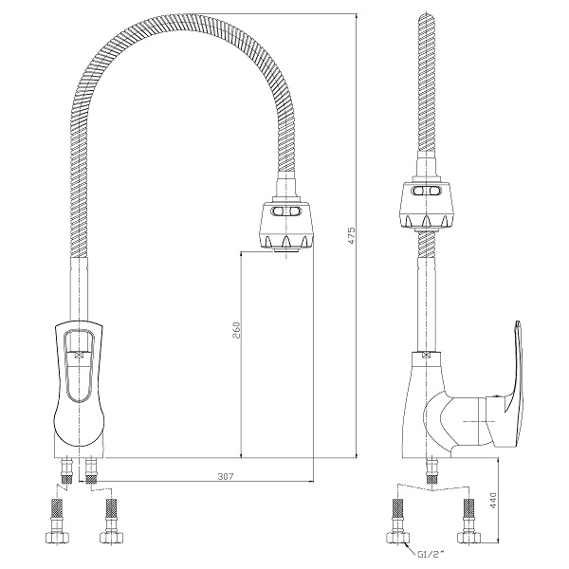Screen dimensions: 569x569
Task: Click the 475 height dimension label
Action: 352,235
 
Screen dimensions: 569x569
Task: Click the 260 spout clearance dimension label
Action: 236,330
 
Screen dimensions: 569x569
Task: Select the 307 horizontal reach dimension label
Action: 226,476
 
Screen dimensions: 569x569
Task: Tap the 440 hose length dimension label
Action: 493,501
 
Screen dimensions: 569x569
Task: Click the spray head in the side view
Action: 427,206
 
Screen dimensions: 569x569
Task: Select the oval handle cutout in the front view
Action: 79,366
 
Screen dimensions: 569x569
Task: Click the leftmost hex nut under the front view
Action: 56,537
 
